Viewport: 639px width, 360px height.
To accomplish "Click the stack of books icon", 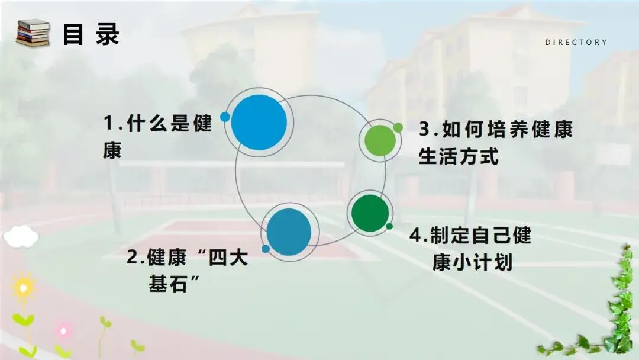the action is coord(33,33).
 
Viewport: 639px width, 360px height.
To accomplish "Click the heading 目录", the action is coord(91,34).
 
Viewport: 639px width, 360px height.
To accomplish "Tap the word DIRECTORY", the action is coord(576,42).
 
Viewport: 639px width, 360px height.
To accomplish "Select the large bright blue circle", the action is coord(259,122).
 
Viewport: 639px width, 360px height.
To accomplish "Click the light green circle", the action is coord(379,140).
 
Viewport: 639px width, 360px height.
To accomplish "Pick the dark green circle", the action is coord(370,213).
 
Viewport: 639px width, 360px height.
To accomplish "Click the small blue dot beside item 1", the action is coord(225,117).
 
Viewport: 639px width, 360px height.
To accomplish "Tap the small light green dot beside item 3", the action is coord(398,127).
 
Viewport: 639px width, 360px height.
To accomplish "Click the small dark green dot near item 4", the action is coord(389,226).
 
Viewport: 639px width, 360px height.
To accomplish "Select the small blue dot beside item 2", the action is coord(266,249).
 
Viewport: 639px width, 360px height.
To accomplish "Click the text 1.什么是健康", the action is coord(157,137).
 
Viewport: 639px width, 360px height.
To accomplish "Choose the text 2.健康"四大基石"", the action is coord(187,271).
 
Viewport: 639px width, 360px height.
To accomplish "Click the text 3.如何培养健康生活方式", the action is coord(496,143).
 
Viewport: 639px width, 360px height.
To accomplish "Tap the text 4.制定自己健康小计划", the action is coord(471,249).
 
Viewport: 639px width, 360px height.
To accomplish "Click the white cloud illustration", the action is coord(21,237).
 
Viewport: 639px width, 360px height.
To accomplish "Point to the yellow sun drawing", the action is coord(23,288).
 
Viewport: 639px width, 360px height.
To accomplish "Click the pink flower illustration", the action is coord(63,330).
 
